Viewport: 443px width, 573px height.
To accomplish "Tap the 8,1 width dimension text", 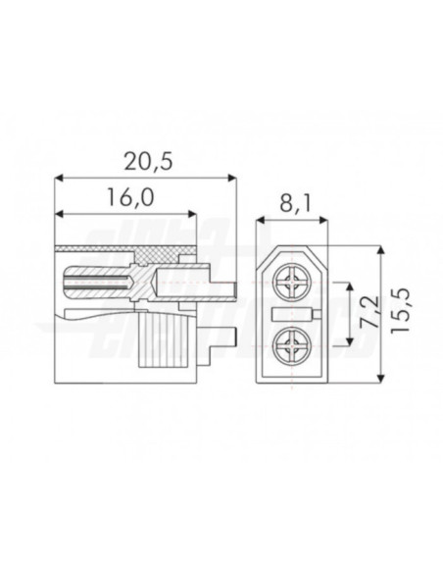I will pos(292,205).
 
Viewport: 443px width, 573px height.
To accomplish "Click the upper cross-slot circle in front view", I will pos(292,282).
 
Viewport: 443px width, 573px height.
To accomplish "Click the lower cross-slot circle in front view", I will pos(292,345).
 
